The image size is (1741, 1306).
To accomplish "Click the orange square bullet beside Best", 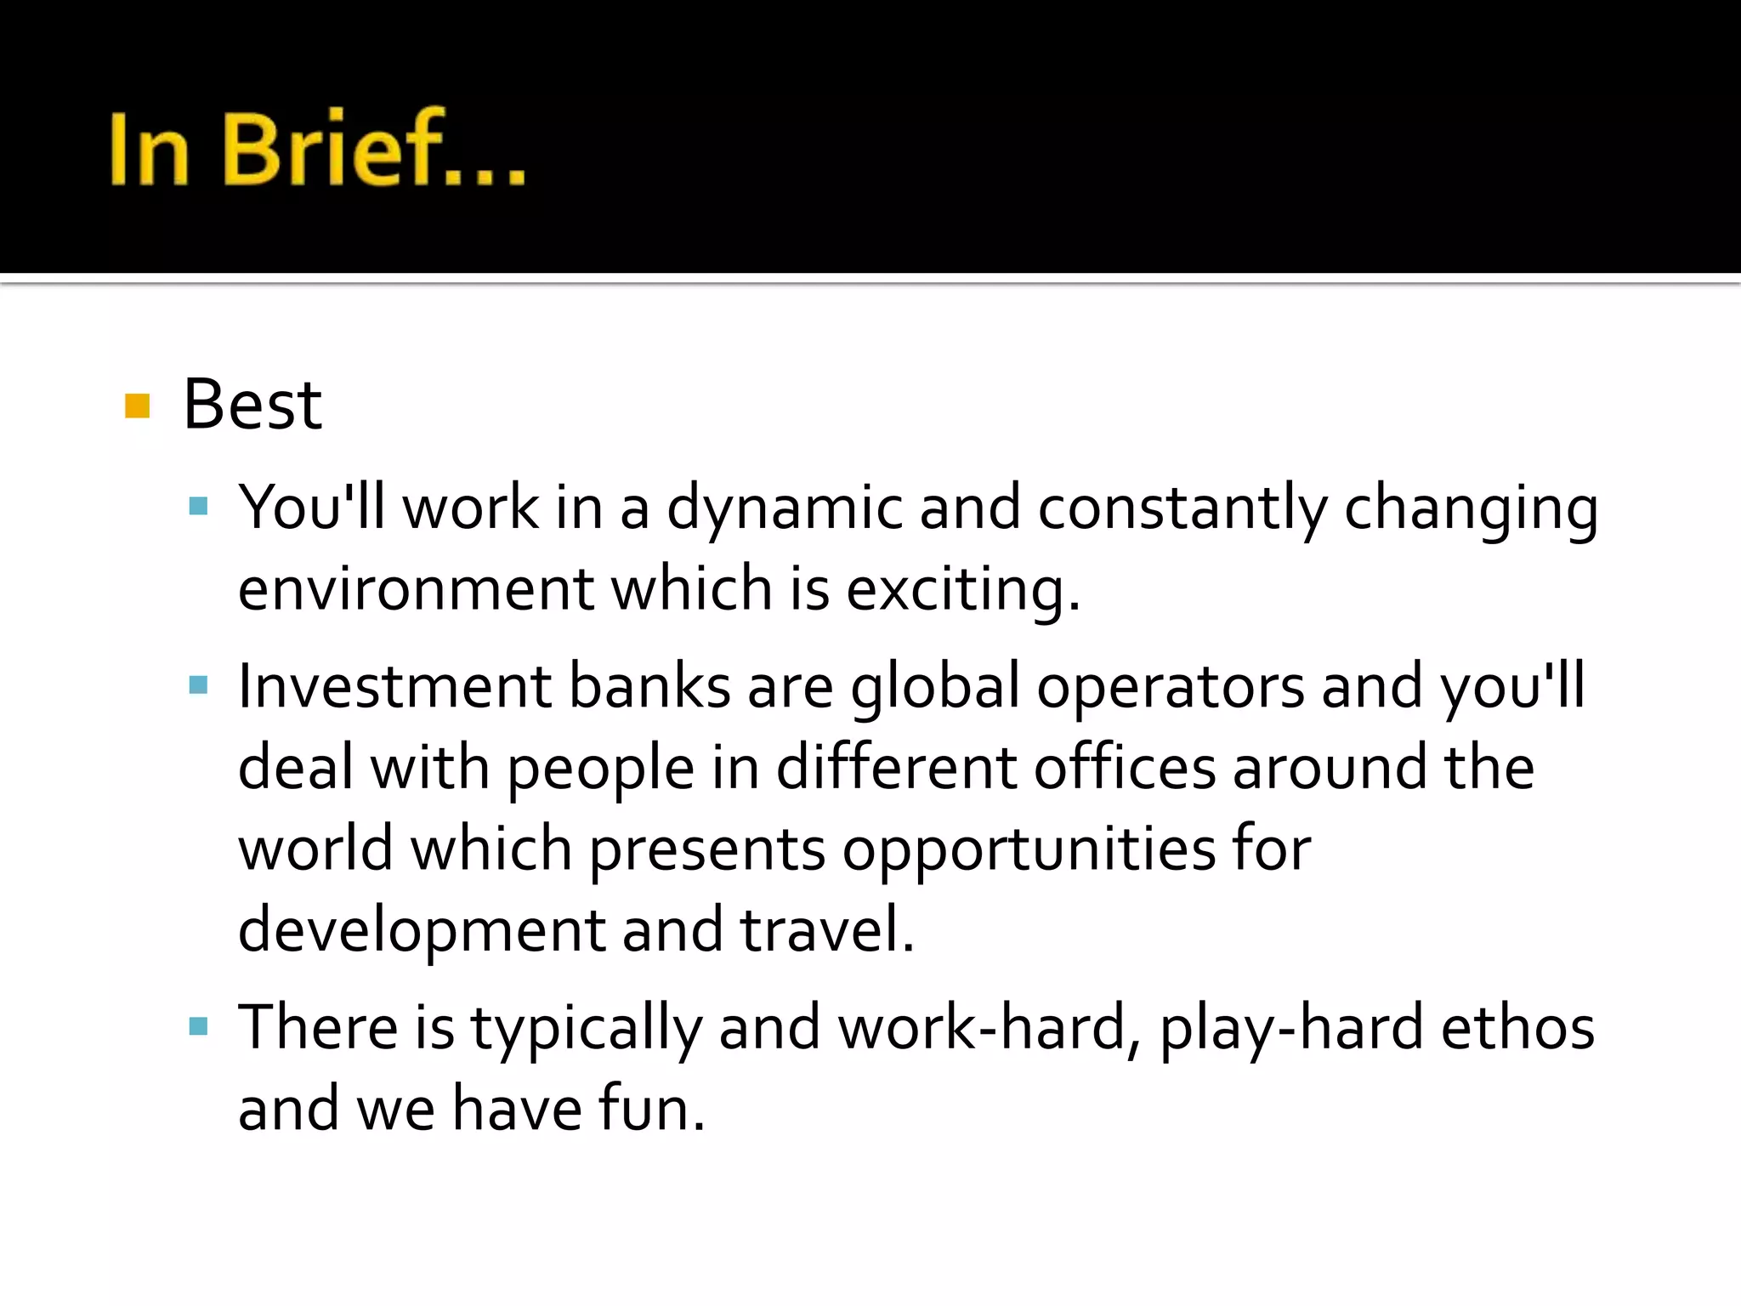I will click(137, 406).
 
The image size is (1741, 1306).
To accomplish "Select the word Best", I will click(252, 405).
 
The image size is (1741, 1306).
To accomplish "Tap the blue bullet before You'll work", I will click(199, 507).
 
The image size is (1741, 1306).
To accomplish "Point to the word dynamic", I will click(784, 508).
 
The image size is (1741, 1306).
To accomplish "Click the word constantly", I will click(1182, 508).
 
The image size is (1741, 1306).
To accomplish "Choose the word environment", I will click(416, 588).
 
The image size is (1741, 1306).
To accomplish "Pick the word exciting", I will click(962, 588).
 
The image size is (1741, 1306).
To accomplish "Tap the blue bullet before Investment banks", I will click(199, 685).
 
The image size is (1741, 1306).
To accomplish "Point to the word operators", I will click(1170, 687).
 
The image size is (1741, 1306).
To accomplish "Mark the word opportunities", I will click(1029, 849).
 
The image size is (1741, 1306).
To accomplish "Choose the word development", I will click(421, 930).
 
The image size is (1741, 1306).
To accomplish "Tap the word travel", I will click(826, 928).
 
